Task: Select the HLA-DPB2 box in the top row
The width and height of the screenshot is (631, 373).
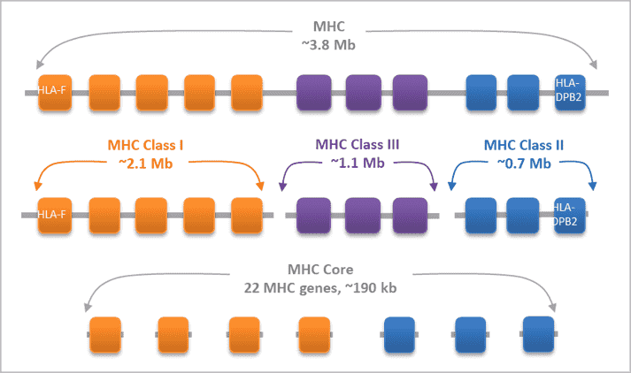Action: (x=571, y=91)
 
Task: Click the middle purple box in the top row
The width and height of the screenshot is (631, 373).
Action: (x=362, y=91)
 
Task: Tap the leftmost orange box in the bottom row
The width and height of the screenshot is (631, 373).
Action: (x=105, y=334)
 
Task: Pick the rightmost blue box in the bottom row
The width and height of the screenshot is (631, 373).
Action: (x=538, y=333)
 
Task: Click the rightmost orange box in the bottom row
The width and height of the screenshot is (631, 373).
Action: (x=314, y=334)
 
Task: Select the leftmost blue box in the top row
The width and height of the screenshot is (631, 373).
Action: (x=481, y=91)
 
